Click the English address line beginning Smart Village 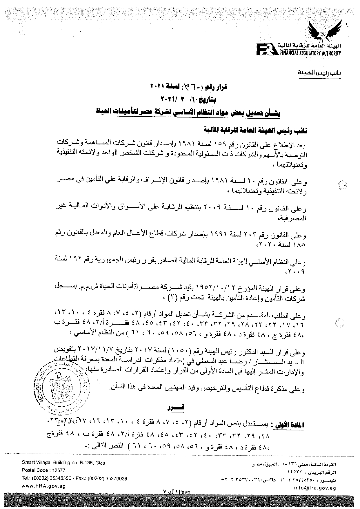[63, 463]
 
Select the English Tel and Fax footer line [74, 478]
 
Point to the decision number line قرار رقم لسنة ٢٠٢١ [190, 86]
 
